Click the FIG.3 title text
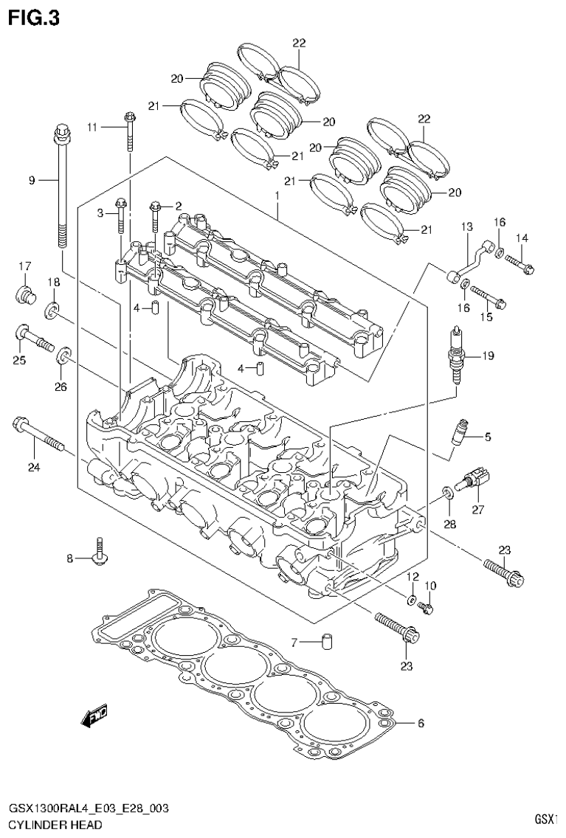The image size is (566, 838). pyautogui.click(x=33, y=17)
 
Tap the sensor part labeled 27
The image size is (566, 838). pyautogui.click(x=472, y=481)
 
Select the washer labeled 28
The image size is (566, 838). pyautogui.click(x=449, y=494)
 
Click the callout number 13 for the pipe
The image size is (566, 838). pyautogui.click(x=466, y=226)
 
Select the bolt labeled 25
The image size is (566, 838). pyautogui.click(x=33, y=339)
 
